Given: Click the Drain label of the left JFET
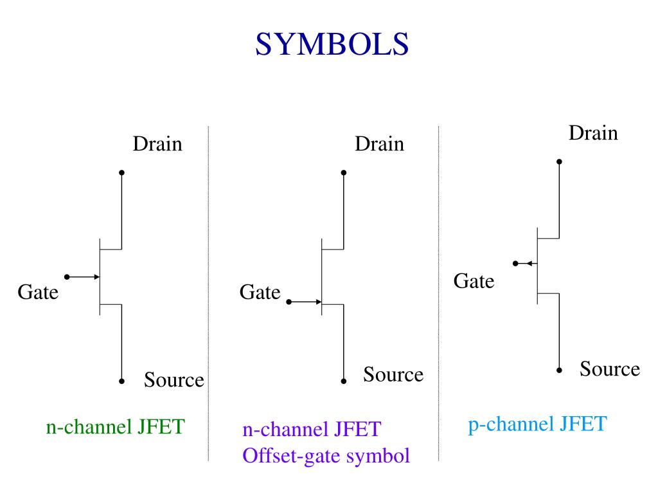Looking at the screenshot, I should point(157,144).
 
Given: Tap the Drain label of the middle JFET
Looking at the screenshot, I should point(379,144).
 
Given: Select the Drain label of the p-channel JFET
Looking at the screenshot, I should point(593,133).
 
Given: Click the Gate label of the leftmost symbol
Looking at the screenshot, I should point(38,293).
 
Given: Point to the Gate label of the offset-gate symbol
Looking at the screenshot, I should point(260,293).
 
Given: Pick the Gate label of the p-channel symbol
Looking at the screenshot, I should point(474,281).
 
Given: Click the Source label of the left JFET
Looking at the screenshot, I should point(173,380).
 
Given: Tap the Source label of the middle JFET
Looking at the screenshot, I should point(393,374).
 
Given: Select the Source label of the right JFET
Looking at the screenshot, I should point(610,369).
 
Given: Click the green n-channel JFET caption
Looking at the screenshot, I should point(115,426).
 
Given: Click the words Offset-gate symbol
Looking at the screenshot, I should point(326,456).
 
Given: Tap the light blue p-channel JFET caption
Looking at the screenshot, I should point(537,425).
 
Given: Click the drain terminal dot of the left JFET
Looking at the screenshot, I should point(121,172).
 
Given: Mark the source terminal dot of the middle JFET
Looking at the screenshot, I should point(344,381).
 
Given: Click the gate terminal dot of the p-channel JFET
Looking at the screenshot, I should point(515,263).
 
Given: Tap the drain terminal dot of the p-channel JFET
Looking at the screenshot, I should point(559,161).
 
